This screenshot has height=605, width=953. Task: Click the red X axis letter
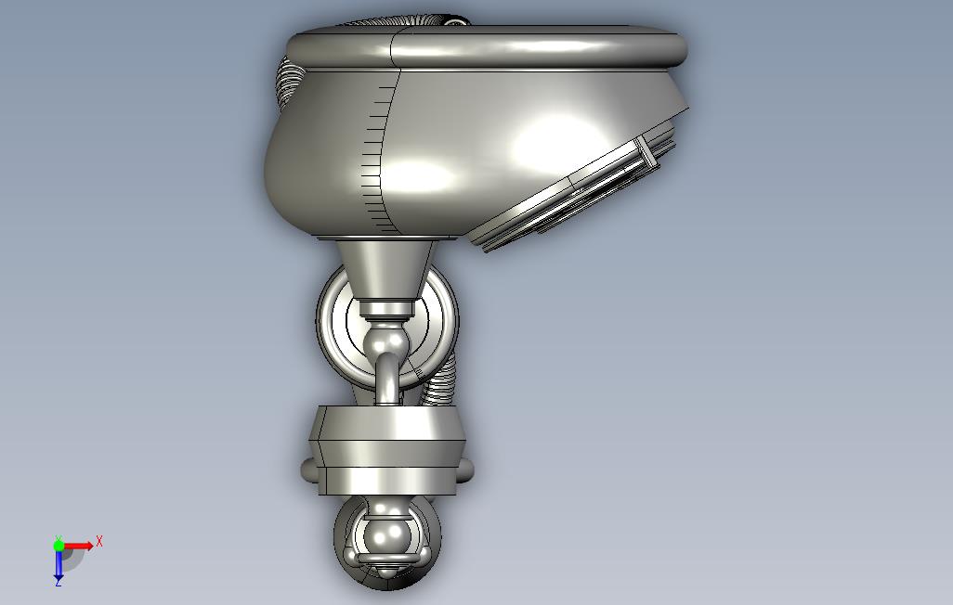click(99, 541)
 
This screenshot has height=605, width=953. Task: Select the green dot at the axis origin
click(59, 546)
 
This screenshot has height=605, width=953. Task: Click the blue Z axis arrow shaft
click(59, 562)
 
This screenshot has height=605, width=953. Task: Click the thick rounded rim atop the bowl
click(486, 46)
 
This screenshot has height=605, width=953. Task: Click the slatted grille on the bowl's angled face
click(578, 193)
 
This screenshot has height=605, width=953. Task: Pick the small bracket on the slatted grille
click(646, 152)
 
